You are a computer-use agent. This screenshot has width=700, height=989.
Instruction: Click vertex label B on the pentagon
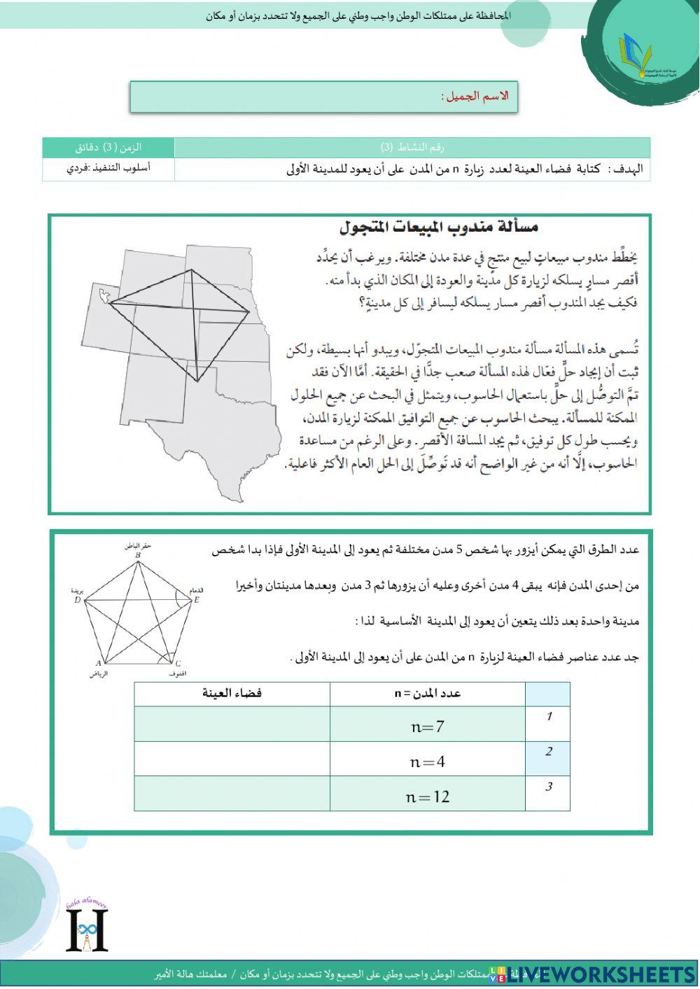[138, 556]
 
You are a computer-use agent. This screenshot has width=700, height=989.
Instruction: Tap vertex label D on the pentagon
[78, 600]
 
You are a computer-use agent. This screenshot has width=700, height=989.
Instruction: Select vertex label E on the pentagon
[197, 600]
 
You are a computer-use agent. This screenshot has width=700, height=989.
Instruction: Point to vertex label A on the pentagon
[98, 663]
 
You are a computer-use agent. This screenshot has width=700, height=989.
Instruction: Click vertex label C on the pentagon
[178, 664]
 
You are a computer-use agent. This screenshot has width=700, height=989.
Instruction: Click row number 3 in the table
[548, 787]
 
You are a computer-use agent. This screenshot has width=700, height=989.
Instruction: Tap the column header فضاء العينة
[232, 693]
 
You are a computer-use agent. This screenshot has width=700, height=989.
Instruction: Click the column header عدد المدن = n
[428, 693]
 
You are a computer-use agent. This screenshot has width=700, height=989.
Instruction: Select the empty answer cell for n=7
[232, 725]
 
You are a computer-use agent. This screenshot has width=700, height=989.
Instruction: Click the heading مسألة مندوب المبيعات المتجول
[439, 227]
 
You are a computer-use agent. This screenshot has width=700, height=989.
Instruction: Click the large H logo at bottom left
[87, 929]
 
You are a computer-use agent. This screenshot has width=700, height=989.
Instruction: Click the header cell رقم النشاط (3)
[412, 147]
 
